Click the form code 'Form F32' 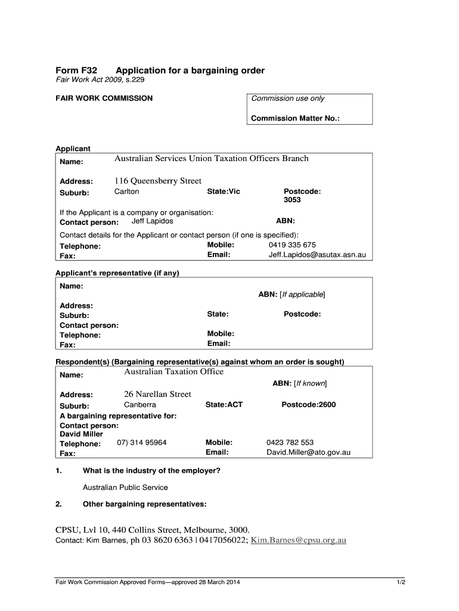click(x=77, y=70)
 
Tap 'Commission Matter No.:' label click(x=295, y=118)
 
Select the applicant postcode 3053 click(x=292, y=200)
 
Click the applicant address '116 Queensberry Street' click(x=158, y=181)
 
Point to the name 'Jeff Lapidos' click(x=152, y=221)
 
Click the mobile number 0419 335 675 click(x=292, y=245)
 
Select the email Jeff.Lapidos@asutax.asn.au click(x=317, y=255)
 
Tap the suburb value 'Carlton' click(x=126, y=192)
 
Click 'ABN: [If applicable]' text click(x=291, y=295)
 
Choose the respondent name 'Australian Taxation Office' click(x=173, y=372)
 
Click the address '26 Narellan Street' click(x=157, y=394)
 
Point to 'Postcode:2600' click(x=308, y=405)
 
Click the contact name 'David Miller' click(x=82, y=434)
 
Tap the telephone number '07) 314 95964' click(x=141, y=443)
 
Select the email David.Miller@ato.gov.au click(x=308, y=452)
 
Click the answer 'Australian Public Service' click(x=125, y=487)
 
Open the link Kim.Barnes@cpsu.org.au click(x=298, y=541)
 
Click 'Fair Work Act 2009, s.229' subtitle click(x=100, y=80)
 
